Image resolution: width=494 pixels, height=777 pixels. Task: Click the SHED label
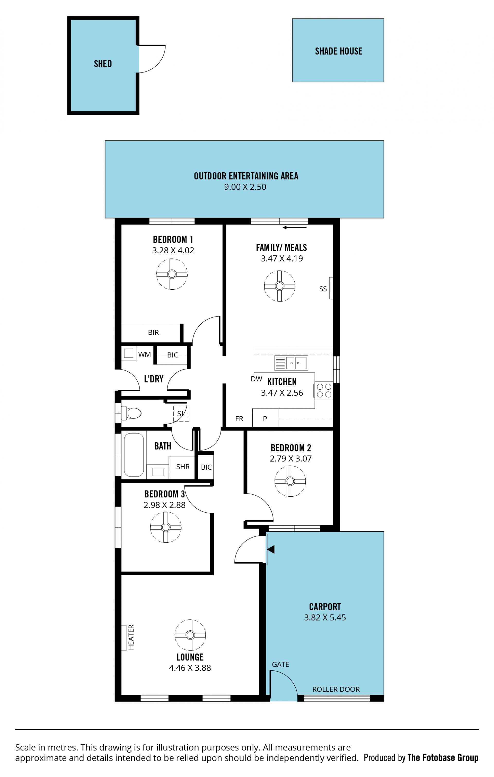(x=103, y=64)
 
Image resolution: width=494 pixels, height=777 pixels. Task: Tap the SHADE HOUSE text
(x=339, y=51)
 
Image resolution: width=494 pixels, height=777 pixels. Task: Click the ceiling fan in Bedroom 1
(x=172, y=274)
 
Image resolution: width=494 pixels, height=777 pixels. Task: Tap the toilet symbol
(x=131, y=413)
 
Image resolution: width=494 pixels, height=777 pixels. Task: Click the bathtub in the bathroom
(x=134, y=455)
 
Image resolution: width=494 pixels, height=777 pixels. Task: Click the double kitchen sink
(x=291, y=363)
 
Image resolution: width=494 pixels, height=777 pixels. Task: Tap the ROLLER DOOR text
(x=336, y=689)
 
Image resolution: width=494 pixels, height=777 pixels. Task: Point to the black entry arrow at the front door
(x=271, y=550)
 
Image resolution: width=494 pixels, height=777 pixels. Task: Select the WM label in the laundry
(x=145, y=355)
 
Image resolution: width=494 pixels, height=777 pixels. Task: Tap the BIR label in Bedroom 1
(x=153, y=333)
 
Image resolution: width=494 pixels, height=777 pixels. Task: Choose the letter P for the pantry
(x=265, y=419)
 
